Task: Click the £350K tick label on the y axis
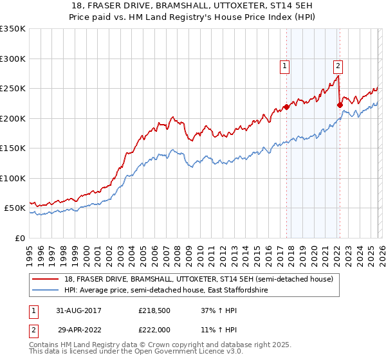coord(13,29)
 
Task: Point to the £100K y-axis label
coord(13,178)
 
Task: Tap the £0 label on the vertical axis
coord(20,238)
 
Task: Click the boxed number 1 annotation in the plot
coord(284,65)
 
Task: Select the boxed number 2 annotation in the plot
coord(338,65)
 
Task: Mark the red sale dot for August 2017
coord(287,107)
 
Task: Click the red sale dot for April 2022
coord(340,105)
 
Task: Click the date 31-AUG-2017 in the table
coord(79,310)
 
